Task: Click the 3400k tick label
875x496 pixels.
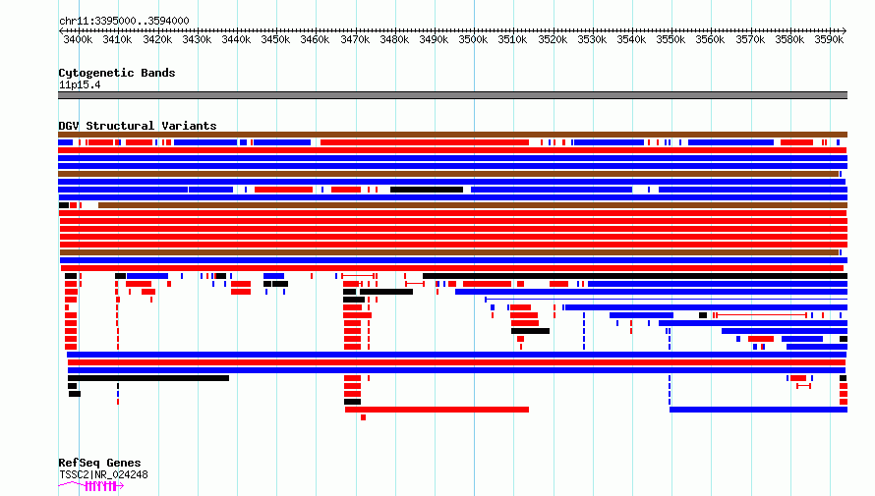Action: (78, 39)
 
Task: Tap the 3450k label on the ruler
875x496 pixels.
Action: (275, 39)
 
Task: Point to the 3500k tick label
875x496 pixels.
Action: (473, 39)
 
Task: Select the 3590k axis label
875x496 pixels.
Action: (829, 39)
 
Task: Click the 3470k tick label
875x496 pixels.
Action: (355, 39)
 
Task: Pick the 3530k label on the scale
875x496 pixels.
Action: (592, 39)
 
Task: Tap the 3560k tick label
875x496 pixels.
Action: (711, 39)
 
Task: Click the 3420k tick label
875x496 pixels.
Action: (157, 39)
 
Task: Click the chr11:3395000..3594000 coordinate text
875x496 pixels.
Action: (124, 21)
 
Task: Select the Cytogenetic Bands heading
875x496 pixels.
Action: (117, 73)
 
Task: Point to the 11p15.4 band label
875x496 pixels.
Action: (80, 84)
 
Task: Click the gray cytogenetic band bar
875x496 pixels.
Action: (452, 95)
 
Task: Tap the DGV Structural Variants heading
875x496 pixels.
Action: (138, 126)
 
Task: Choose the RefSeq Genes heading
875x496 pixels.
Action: (99, 463)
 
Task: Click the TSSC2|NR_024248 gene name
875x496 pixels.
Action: (103, 474)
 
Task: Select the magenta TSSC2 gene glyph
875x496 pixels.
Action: (91, 486)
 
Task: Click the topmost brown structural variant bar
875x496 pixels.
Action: (452, 135)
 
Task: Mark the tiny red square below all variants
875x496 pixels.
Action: (364, 417)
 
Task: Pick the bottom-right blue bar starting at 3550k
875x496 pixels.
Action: (758, 410)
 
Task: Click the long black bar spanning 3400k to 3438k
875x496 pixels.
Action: (148, 378)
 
